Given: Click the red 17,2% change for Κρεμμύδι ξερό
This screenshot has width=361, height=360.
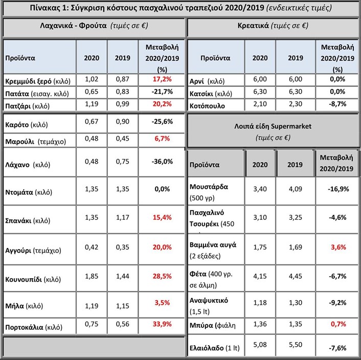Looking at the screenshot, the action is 162,79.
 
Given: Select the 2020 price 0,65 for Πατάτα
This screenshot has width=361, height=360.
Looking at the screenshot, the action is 92,92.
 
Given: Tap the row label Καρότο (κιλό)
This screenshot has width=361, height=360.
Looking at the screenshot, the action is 27,125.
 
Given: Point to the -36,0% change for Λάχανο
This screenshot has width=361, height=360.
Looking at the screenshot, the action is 162,162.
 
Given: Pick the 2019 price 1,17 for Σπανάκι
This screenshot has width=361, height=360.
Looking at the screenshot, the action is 123,217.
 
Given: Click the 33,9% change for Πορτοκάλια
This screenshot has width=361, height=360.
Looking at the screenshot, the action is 162,324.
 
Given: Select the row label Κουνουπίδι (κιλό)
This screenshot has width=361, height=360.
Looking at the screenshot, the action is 33,279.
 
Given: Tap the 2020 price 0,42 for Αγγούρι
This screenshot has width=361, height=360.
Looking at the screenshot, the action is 92,247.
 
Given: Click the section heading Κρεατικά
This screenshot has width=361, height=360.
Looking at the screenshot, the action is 253,26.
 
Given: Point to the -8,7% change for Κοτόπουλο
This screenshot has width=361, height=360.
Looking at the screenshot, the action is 337,104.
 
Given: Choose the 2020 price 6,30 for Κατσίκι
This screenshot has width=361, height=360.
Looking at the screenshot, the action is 260,92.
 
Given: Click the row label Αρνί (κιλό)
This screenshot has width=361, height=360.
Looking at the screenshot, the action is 207,81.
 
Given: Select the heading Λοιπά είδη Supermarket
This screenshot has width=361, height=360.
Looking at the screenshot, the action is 273,126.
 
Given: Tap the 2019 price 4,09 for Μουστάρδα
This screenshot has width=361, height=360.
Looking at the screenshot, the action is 296,189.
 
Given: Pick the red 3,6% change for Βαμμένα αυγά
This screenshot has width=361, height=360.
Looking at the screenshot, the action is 338,247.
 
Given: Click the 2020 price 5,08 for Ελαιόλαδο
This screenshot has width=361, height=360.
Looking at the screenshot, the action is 260,345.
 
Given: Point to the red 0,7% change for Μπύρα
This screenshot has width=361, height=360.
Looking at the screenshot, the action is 338,324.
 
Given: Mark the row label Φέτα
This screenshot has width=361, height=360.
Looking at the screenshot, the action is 198,274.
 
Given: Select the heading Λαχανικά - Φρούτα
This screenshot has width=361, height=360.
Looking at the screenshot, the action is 73,26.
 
